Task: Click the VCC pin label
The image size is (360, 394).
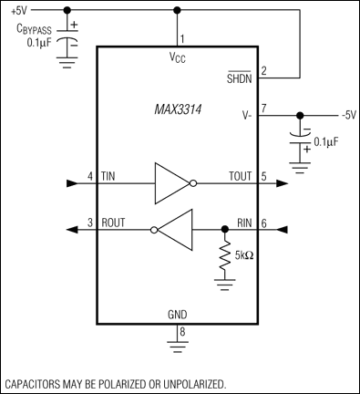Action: point(178,57)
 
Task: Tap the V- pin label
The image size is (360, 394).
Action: point(249,116)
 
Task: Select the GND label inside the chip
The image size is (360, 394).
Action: point(178,315)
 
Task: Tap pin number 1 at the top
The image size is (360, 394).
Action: point(182,39)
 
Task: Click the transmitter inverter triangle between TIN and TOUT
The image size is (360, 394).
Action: point(171,182)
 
